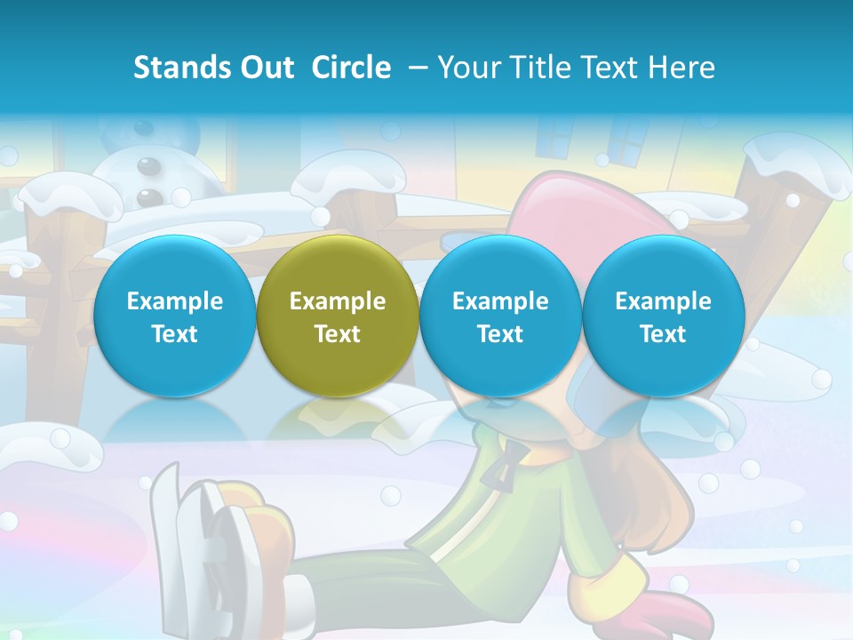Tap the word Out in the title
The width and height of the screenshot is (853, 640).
(264, 68)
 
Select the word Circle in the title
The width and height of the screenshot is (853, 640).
(351, 68)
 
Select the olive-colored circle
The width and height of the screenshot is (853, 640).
(338, 316)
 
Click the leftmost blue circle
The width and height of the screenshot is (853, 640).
(174, 316)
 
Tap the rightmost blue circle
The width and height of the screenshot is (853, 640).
(663, 316)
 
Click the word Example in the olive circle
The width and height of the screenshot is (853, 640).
(338, 301)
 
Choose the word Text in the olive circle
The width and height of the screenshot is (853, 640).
(338, 334)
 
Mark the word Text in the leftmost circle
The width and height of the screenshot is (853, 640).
(174, 334)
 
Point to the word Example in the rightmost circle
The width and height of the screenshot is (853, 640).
(663, 301)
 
